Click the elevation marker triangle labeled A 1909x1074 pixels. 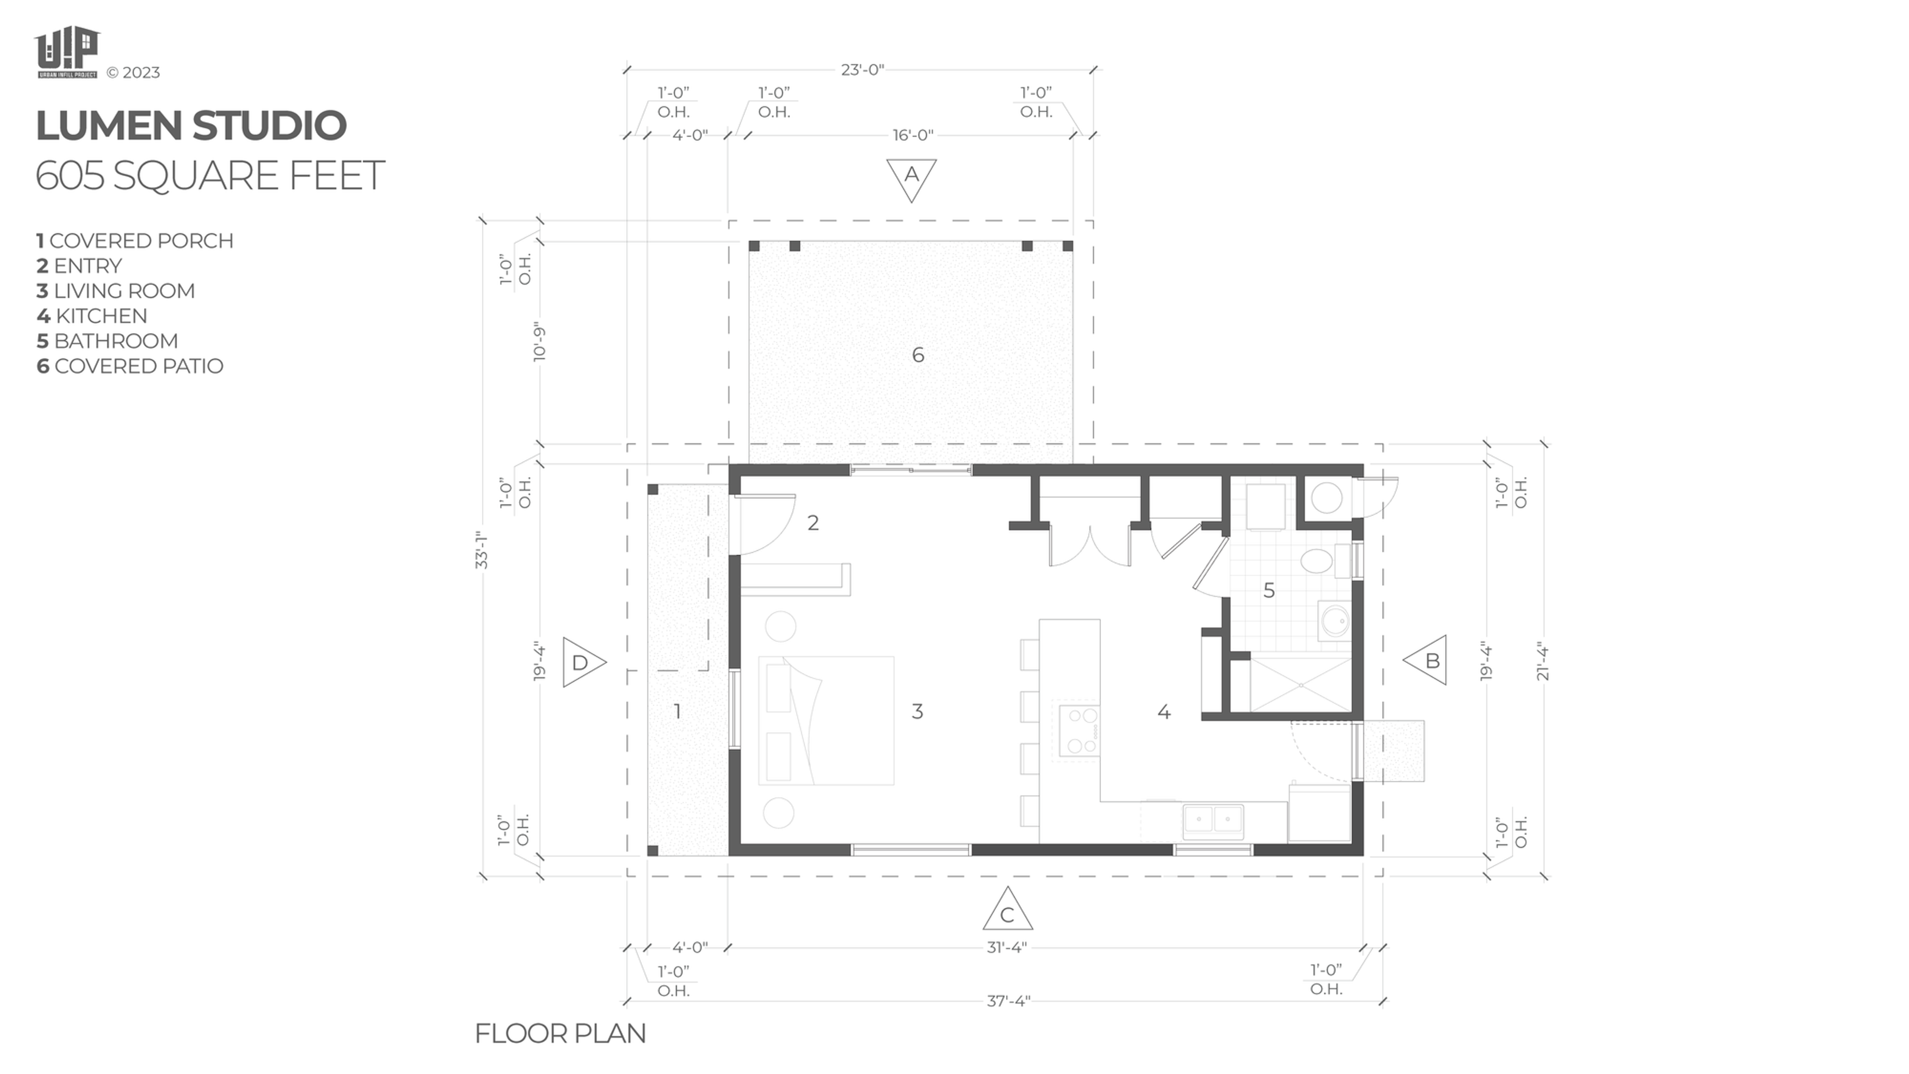[911, 177]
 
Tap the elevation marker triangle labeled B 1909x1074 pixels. [1428, 660]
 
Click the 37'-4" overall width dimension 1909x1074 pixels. [1008, 1001]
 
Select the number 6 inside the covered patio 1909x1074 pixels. [917, 355]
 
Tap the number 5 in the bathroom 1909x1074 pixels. [1269, 591]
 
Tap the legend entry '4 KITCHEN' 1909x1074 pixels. [92, 316]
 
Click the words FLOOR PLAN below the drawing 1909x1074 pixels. [560, 1033]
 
